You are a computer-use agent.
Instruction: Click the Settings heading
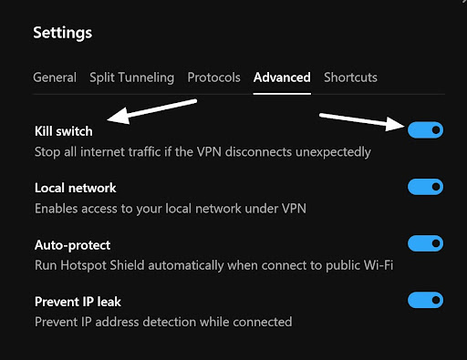click(x=62, y=34)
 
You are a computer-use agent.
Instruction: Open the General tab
click(x=55, y=77)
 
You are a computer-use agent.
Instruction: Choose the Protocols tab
click(x=213, y=77)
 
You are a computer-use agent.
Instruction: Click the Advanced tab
click(x=282, y=77)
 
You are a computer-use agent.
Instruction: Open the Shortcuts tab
click(x=350, y=77)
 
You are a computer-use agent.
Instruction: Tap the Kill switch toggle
click(x=425, y=130)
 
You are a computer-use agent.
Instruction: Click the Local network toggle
click(x=425, y=187)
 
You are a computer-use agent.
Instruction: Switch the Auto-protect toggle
click(x=425, y=243)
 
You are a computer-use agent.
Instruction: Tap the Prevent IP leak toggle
click(x=425, y=300)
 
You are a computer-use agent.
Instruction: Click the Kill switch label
click(x=63, y=132)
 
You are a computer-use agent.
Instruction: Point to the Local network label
click(x=75, y=189)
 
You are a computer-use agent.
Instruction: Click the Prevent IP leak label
click(x=78, y=302)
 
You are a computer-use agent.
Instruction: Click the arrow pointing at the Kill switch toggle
click(x=360, y=121)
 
